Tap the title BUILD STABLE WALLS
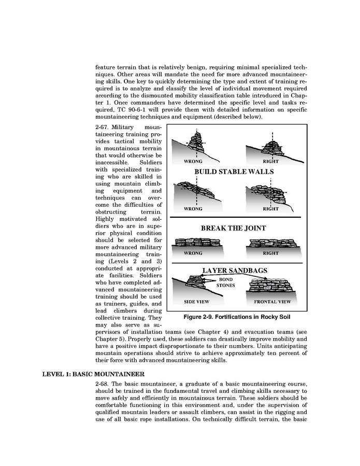pos(234,172)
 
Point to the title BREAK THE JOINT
pos(233,228)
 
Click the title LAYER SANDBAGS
pos(233,271)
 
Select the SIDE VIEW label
pos(197,301)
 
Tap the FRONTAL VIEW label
pos(272,301)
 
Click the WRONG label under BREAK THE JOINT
pos(193,253)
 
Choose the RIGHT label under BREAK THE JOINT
pos(270,253)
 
